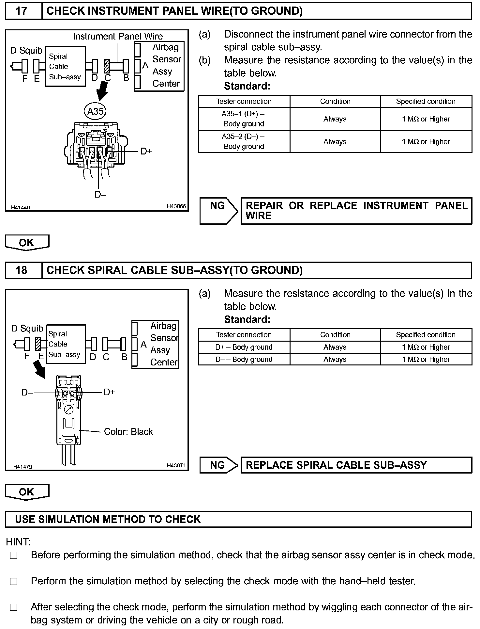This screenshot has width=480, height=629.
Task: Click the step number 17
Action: tap(22, 11)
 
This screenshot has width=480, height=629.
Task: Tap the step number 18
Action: tap(22, 270)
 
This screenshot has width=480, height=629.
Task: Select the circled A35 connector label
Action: tap(95, 111)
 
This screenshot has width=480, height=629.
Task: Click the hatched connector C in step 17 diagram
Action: tap(106, 66)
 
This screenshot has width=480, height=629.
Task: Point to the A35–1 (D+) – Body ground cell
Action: tap(244, 119)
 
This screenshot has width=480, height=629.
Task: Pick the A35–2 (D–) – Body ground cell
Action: tap(244, 141)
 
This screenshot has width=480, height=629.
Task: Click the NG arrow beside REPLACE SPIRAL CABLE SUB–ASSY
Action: tap(218, 465)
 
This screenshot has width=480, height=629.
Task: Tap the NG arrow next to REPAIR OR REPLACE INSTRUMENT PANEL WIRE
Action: tap(218, 211)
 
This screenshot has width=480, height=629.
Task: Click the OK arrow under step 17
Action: tap(27, 243)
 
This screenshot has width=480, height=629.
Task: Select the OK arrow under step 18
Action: tap(27, 492)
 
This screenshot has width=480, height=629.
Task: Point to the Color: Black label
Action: tap(128, 432)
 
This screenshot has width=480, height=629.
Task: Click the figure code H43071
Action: tap(176, 465)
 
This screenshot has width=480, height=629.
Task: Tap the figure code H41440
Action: tap(20, 207)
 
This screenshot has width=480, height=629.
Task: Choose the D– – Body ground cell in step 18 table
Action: tap(244, 359)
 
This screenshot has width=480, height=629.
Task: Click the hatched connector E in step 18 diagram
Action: tap(38, 344)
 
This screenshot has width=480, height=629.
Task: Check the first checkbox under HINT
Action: tap(13, 555)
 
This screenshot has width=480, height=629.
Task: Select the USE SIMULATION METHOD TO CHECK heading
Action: tap(108, 519)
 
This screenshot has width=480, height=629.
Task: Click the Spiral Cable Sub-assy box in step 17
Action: tap(65, 66)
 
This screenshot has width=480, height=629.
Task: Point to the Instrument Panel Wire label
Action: tap(118, 36)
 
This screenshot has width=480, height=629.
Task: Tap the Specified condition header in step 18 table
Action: tap(426, 335)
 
